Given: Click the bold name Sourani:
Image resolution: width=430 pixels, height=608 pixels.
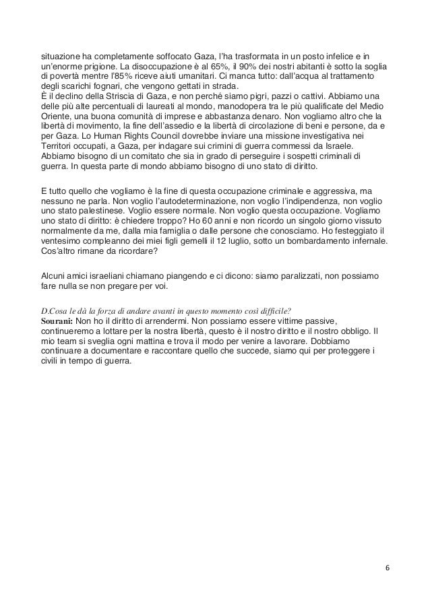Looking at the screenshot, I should click(x=57, y=322).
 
